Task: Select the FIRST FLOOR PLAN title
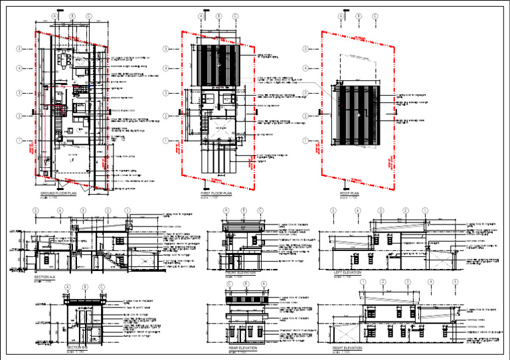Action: [x=216, y=193]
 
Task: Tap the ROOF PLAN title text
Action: [x=350, y=193]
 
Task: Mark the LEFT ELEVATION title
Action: [x=348, y=272]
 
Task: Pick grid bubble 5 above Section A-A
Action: [x=36, y=211]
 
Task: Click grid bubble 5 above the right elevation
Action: [x=455, y=282]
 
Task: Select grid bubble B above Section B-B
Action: [x=84, y=286]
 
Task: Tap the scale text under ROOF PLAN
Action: [x=349, y=198]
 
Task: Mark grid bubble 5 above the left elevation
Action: [x=332, y=211]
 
